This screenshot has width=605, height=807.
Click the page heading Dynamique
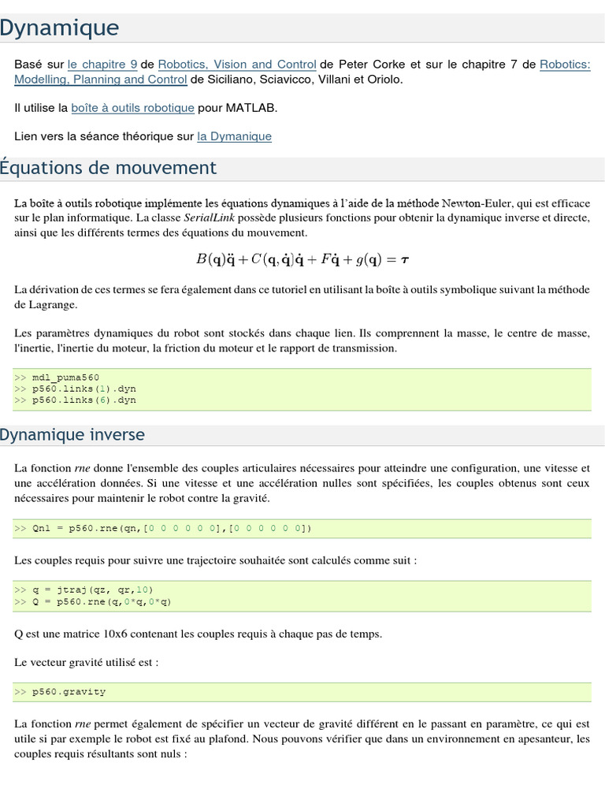coord(60,28)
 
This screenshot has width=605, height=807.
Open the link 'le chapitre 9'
coord(102,65)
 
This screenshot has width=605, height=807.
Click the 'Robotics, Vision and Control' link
coord(237,65)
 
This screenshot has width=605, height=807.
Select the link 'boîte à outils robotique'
coord(132,108)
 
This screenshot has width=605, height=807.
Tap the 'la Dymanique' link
coord(234,136)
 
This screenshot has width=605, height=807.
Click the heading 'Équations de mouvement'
coord(109,168)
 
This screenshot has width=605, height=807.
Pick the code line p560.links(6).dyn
coord(84,400)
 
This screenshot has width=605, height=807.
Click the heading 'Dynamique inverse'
coord(72,435)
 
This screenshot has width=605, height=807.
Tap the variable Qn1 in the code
coord(41,528)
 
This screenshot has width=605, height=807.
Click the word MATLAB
coord(251,108)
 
